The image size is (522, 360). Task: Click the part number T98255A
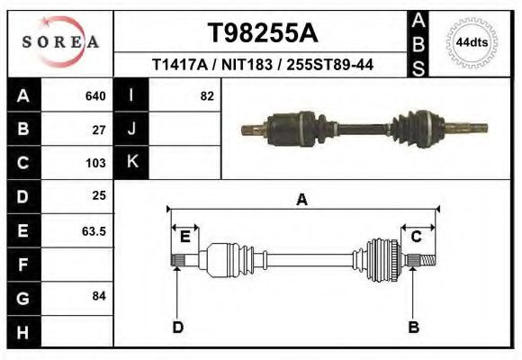(x=263, y=33)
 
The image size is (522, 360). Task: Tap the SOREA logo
(x=60, y=42)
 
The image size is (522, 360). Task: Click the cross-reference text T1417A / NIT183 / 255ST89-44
(x=263, y=65)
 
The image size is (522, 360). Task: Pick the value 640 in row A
(x=95, y=96)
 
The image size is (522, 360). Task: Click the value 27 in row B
(x=99, y=130)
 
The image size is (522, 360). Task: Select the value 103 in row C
(x=95, y=164)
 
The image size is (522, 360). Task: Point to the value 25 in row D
(x=99, y=195)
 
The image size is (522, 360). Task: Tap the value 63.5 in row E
(x=94, y=230)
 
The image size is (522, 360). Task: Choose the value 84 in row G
(x=99, y=296)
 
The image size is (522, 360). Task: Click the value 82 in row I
(x=206, y=96)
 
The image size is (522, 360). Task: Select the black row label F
(x=22, y=265)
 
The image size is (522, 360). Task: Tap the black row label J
(x=131, y=130)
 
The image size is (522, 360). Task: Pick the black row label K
(x=131, y=163)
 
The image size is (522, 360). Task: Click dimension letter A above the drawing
(x=302, y=199)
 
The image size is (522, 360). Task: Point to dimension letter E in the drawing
(x=184, y=237)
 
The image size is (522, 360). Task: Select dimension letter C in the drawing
(x=417, y=237)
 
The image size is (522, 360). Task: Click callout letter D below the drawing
(x=178, y=327)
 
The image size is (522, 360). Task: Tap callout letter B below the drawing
(x=414, y=327)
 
